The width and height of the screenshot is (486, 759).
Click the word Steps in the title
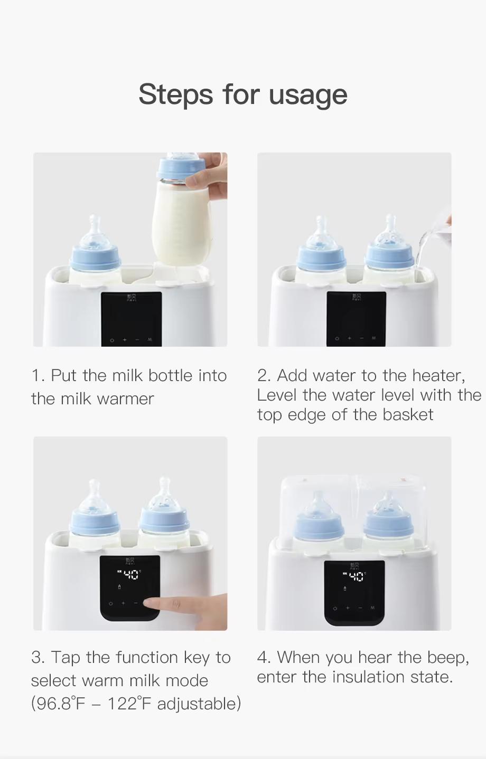tap(175, 95)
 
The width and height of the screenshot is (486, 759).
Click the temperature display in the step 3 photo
tap(129, 574)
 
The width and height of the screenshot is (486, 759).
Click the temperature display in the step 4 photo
tap(355, 576)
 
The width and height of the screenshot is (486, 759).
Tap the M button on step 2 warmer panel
tap(374, 338)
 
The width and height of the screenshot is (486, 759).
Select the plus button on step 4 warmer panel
tap(348, 608)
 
